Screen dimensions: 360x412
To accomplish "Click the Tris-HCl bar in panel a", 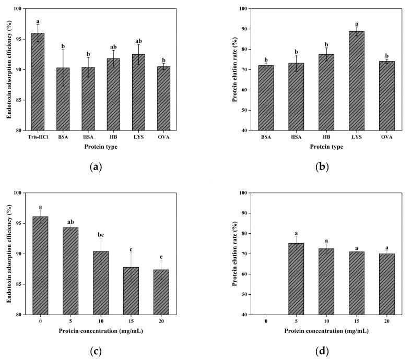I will [38, 81].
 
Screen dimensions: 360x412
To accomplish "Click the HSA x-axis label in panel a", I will [88, 137].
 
